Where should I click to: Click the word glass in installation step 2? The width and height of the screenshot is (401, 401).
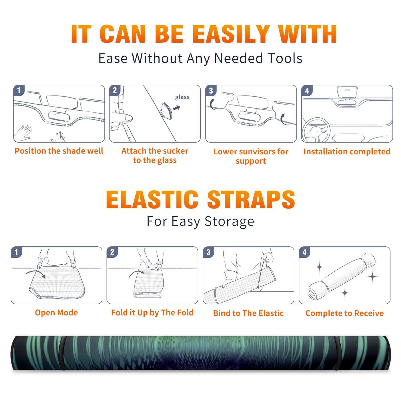[x=182, y=97]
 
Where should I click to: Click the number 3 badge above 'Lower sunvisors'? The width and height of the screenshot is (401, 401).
[x=211, y=91]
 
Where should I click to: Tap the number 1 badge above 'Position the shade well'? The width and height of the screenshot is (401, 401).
[x=19, y=90]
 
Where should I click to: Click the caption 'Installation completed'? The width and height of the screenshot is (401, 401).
[x=347, y=151]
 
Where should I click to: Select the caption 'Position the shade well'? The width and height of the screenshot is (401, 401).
[x=59, y=151]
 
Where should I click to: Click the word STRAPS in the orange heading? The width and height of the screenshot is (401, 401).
[x=251, y=199]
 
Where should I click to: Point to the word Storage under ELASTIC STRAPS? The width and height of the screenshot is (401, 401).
[x=229, y=222]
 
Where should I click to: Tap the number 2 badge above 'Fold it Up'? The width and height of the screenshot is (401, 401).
[x=112, y=252]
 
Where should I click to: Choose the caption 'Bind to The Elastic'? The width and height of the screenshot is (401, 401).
[x=248, y=313]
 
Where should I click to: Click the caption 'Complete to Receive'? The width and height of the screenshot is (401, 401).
[x=345, y=313]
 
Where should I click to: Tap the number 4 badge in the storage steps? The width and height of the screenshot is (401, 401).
[x=305, y=252]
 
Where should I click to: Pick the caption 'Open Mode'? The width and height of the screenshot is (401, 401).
[x=56, y=313]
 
